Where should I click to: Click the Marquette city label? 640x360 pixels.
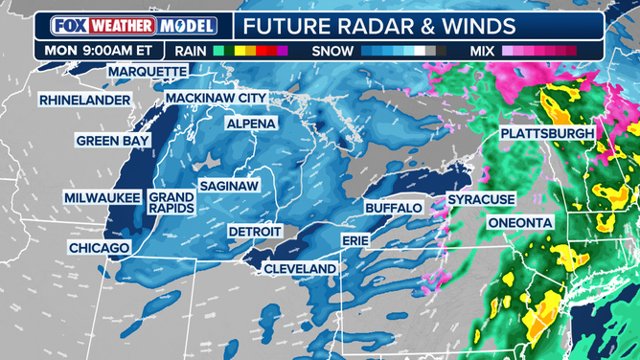(148, 72)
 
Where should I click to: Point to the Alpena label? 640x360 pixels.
(251, 124)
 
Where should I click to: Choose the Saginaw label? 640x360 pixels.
(229, 186)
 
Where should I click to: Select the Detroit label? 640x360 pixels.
(255, 232)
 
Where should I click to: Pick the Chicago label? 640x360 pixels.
(99, 248)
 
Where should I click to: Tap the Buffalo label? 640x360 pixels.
(394, 207)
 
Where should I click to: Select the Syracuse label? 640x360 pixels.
(481, 199)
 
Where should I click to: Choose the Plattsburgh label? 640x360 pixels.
(547, 133)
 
